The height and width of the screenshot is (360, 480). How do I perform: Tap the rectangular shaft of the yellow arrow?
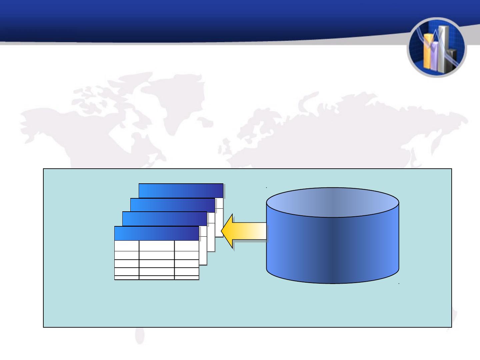click(x=250, y=231)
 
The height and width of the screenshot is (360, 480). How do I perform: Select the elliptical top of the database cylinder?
click(x=333, y=202)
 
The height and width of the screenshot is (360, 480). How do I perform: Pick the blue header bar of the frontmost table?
click(x=157, y=233)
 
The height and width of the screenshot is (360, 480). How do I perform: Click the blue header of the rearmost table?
click(x=181, y=190)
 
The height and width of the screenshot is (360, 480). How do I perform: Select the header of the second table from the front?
click(x=165, y=219)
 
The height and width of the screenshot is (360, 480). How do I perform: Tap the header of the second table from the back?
click(x=173, y=205)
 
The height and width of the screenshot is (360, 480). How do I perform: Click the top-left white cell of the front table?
click(x=127, y=246)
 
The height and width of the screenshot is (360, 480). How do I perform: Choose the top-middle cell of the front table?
click(x=157, y=246)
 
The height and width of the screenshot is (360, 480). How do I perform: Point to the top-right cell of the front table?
click(x=186, y=246)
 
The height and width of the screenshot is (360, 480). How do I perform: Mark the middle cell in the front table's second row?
click(x=157, y=255)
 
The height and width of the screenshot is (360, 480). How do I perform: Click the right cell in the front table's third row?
click(x=186, y=263)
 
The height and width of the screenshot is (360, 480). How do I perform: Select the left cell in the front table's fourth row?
click(x=127, y=272)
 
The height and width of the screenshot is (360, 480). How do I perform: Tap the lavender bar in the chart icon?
click(x=434, y=57)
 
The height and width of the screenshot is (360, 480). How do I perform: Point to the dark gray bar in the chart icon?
click(x=452, y=60)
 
